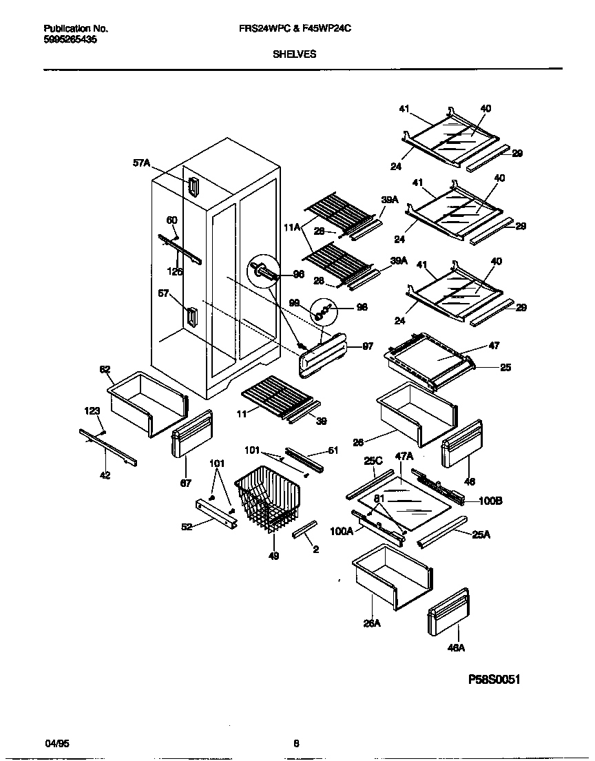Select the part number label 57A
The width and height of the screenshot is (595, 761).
(141, 163)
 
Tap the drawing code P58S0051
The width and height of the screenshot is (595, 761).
(494, 679)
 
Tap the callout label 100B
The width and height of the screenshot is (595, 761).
(490, 501)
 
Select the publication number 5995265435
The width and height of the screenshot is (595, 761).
(70, 40)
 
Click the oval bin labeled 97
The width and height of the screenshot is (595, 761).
(324, 355)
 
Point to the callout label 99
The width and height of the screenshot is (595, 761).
(294, 302)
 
